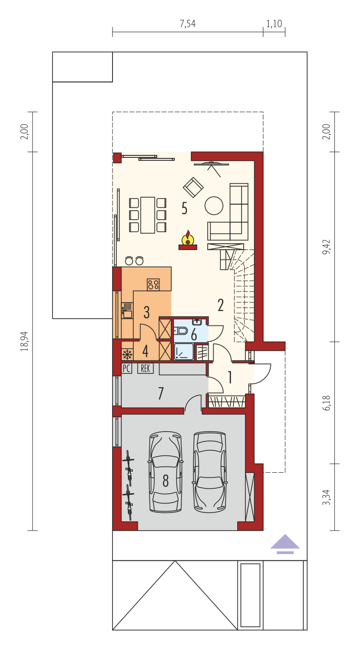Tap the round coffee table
click(x=214, y=206)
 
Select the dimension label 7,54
click(x=188, y=24)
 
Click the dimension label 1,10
click(x=274, y=24)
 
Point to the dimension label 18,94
click(x=25, y=341)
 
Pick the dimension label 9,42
click(x=326, y=247)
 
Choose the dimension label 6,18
click(x=326, y=403)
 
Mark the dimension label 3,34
click(x=326, y=497)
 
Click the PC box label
click(x=126, y=369)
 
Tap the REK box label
click(x=146, y=369)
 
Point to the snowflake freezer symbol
click(x=127, y=354)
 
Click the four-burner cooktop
click(x=153, y=284)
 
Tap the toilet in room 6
click(x=181, y=331)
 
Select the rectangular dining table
click(x=148, y=215)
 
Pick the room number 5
click(x=184, y=208)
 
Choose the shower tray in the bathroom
click(x=184, y=352)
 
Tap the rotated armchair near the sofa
click(x=193, y=187)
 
